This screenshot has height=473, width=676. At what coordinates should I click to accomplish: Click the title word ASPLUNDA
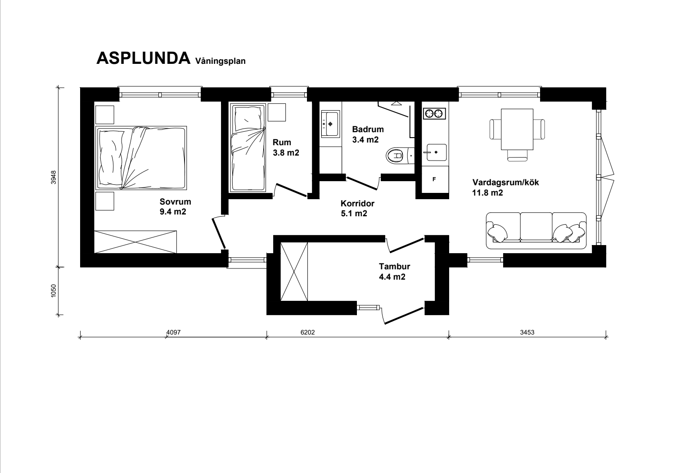click(144, 58)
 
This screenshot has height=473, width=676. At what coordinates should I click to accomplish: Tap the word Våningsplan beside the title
click(220, 61)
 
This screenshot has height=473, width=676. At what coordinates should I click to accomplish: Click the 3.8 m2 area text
click(286, 153)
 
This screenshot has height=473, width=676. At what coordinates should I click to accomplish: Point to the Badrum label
click(368, 129)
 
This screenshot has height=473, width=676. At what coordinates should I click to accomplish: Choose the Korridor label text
click(358, 204)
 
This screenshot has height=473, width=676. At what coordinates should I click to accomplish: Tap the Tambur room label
click(394, 267)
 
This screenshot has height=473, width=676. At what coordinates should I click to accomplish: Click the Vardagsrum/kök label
click(505, 183)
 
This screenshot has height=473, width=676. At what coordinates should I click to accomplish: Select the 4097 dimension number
click(174, 332)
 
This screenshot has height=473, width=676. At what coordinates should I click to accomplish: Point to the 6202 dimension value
click(307, 332)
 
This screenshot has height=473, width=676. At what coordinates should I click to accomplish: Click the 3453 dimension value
click(527, 332)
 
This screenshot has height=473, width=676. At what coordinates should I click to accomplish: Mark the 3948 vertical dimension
click(54, 177)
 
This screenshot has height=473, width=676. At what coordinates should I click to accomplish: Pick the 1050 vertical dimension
click(54, 290)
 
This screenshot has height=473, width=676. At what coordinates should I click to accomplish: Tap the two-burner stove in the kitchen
click(435, 114)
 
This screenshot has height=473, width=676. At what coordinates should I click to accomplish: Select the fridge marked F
click(434, 179)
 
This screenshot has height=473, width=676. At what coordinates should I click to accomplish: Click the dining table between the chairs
click(517, 129)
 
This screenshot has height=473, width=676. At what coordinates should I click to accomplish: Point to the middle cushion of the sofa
click(536, 227)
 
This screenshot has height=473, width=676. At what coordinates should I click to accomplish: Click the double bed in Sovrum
click(141, 158)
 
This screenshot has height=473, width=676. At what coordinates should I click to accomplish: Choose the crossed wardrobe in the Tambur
click(294, 272)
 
